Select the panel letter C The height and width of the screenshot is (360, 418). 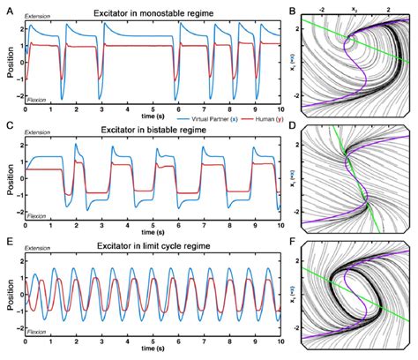(7, 125)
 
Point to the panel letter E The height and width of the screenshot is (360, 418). (7, 244)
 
